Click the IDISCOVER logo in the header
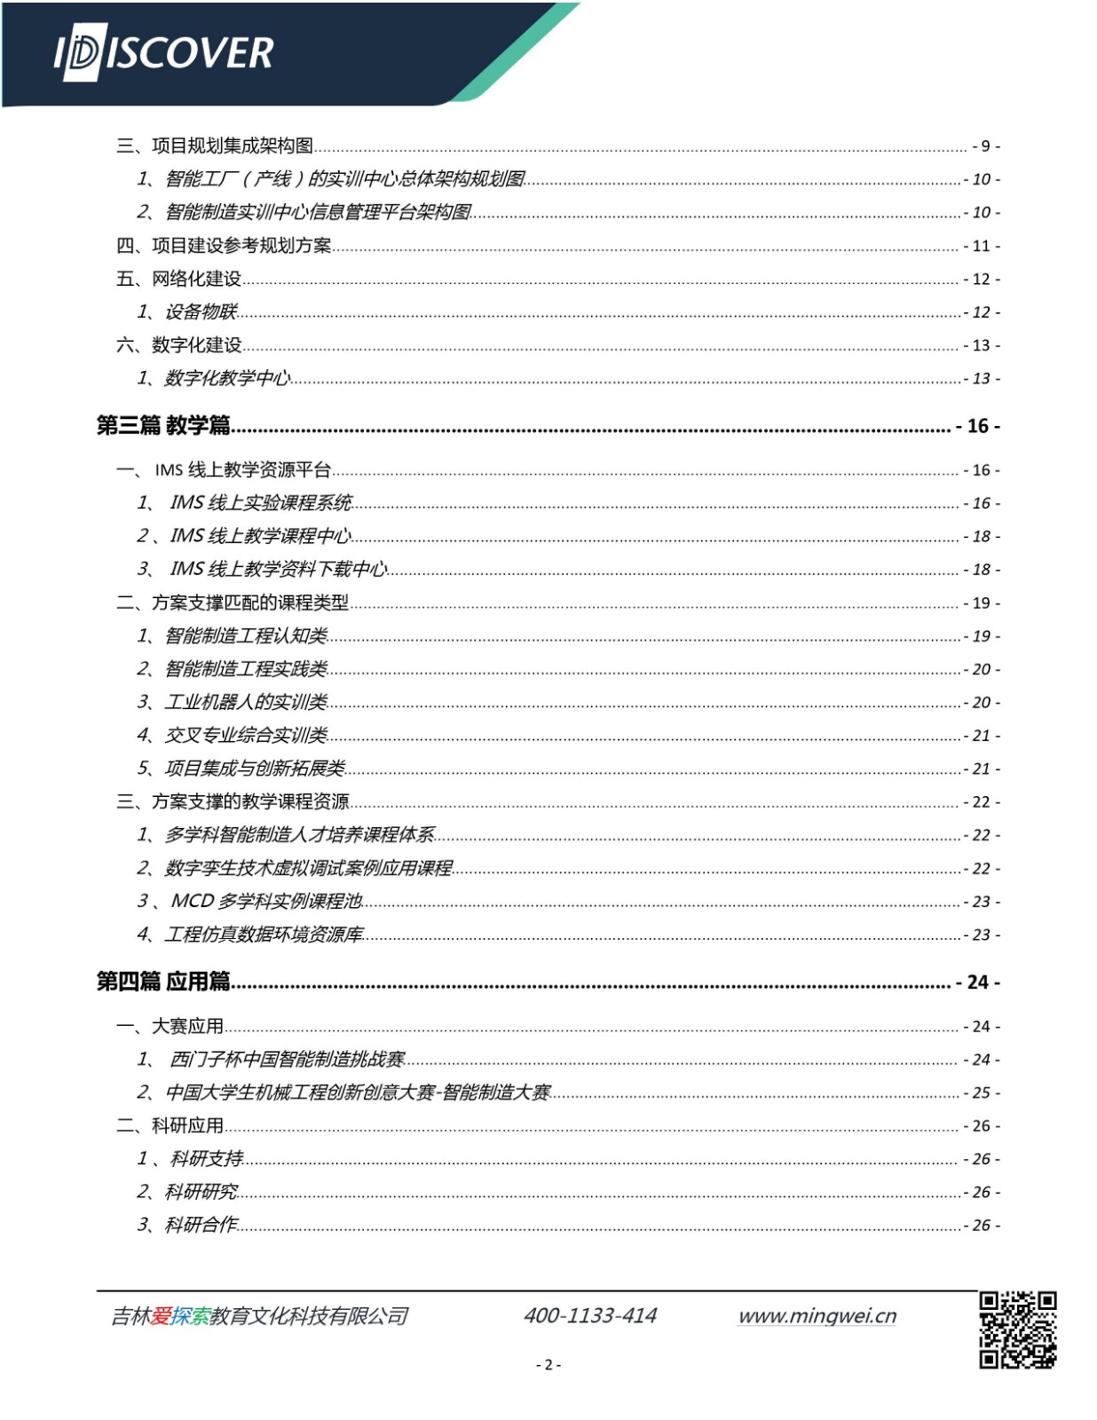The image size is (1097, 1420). click(164, 53)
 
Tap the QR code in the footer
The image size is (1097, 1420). click(1017, 1329)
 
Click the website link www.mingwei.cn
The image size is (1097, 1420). click(817, 1315)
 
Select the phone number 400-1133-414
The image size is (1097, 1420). click(590, 1315)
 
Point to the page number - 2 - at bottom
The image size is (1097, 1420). click(548, 1365)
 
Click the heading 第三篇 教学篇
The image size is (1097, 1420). click(163, 426)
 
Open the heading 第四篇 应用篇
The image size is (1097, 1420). click(163, 982)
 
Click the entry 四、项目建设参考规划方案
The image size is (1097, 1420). click(224, 246)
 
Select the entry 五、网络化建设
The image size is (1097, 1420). click(178, 279)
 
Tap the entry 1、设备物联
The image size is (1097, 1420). click(187, 312)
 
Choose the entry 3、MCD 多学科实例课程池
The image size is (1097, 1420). click(250, 902)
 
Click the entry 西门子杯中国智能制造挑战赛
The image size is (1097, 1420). click(287, 1060)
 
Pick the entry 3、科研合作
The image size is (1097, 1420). click(187, 1226)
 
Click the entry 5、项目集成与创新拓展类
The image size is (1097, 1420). click(241, 769)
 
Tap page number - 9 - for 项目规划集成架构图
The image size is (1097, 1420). click(985, 146)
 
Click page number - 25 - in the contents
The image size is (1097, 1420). click(982, 1093)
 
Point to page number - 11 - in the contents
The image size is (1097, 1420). click(982, 247)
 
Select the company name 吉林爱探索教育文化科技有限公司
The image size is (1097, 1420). click(259, 1316)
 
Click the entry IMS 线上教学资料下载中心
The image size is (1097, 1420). click(278, 570)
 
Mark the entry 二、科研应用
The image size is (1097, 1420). click(170, 1126)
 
